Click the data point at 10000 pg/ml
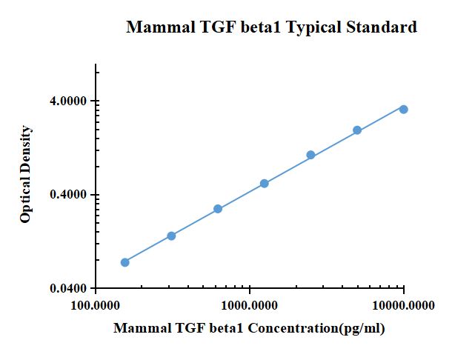[403, 109]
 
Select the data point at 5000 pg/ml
[357, 130]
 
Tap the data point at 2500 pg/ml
[310, 155]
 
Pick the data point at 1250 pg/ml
[264, 183]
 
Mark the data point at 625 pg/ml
[218, 209]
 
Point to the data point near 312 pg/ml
[171, 236]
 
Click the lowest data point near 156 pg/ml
[124, 262]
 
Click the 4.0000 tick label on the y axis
[68, 101]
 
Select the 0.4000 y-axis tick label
[68, 195]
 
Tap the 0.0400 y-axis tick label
[68, 288]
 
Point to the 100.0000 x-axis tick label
[96, 304]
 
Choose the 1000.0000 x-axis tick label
[250, 304]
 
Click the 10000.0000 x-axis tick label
[404, 304]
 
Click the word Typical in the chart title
[312, 28]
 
